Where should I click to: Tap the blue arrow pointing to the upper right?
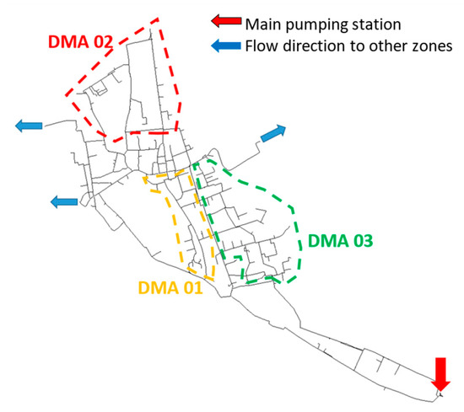274,133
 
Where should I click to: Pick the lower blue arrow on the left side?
66,201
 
